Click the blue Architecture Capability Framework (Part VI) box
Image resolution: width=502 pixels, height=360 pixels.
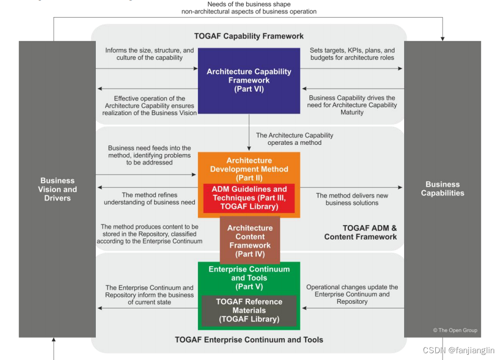pos(249,80)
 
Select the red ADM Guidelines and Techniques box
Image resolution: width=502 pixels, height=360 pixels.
pos(249,198)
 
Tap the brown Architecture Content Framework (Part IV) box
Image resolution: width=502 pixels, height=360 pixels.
pos(250,241)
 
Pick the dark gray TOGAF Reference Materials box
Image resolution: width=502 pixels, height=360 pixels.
pos(249,311)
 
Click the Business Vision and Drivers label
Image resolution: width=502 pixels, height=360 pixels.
pos(57,189)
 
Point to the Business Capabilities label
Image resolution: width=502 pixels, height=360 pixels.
pos(442,189)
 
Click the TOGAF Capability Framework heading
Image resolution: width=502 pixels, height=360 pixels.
pos(249,36)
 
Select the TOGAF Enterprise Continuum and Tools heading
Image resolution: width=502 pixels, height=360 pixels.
pos(249,340)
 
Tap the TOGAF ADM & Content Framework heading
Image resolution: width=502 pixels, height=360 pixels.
pos(360,232)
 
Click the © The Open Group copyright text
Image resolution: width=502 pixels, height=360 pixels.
pos(455,330)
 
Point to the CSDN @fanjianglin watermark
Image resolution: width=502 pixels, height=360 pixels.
pos(458,351)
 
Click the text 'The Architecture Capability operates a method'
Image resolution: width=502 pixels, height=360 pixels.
pos(294,139)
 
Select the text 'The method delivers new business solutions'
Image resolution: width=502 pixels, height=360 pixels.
pos(352,199)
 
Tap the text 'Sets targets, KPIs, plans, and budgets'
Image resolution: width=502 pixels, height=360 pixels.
pos(352,54)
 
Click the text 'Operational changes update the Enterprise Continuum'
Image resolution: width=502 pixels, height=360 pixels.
pos(352,294)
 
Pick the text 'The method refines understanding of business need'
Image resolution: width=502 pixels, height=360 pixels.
pos(149,198)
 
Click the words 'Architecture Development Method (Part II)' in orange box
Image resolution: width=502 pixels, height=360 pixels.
pos(249,169)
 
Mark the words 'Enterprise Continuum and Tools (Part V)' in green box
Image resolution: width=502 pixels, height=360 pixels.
pos(249,278)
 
